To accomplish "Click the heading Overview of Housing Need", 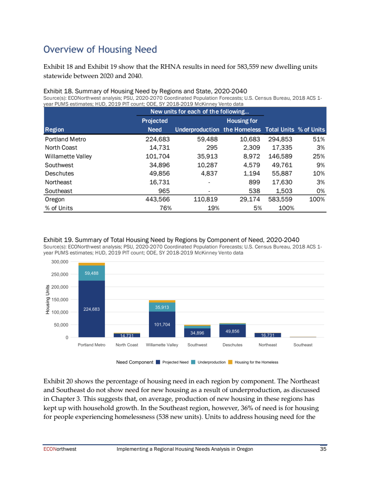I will click(x=100, y=49).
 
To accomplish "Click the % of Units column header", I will click(x=311, y=130).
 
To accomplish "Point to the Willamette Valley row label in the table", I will click(x=68, y=156).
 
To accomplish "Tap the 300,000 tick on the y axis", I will click(x=60, y=262).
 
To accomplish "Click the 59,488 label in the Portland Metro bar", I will click(x=92, y=273).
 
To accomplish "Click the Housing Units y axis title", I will click(x=47, y=300).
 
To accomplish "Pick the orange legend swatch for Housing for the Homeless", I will click(x=230, y=362).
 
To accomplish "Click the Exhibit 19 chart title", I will click(x=171, y=239).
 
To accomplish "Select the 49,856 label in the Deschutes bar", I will click(x=232, y=331).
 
